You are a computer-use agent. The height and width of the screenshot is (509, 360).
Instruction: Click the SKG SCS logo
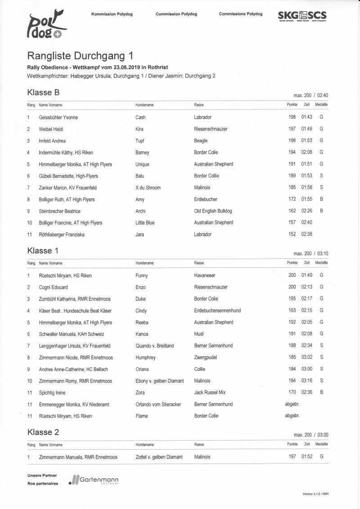point(302,16)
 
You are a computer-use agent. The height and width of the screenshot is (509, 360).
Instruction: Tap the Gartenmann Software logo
point(94,480)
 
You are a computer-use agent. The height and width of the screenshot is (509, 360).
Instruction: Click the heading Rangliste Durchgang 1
point(80,56)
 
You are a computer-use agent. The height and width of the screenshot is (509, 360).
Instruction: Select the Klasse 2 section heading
point(43,432)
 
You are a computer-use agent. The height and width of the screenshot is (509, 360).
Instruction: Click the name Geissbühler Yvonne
point(58,117)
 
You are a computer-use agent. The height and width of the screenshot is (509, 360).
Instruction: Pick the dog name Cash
point(140,117)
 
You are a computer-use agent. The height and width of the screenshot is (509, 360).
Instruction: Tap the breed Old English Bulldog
point(213,211)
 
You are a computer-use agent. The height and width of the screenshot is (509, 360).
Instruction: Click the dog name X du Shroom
point(148,188)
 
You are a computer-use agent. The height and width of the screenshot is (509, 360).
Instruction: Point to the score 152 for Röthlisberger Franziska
point(292,234)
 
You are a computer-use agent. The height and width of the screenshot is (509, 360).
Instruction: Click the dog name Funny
point(141,275)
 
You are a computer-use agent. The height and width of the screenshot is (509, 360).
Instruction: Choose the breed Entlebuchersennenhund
point(217,311)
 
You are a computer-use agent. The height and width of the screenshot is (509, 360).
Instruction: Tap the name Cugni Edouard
point(54,287)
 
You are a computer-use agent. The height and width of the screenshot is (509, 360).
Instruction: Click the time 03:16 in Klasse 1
point(306,381)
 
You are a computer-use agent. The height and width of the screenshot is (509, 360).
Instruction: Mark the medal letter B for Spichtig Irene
point(321,392)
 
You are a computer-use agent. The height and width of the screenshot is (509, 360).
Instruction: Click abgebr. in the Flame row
point(292,416)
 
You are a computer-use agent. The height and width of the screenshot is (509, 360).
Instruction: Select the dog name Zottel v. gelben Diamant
point(159,457)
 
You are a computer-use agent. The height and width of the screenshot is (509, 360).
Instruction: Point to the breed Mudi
point(199,334)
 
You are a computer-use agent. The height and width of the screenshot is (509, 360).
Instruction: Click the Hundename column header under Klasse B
point(144,105)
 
